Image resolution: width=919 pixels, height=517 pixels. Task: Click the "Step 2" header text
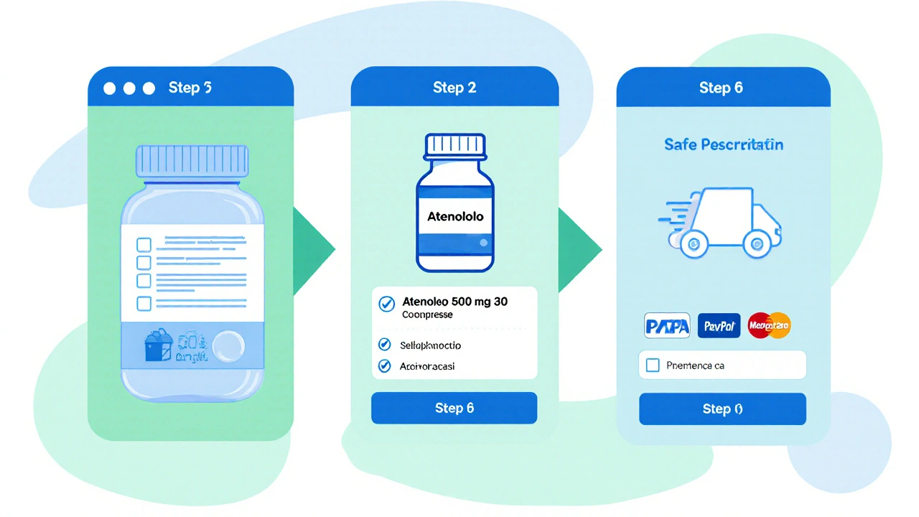click(454, 88)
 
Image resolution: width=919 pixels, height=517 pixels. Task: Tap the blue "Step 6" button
click(454, 408)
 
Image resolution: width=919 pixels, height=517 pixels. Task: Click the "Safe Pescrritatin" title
click(723, 144)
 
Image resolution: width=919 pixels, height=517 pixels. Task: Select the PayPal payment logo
click(719, 326)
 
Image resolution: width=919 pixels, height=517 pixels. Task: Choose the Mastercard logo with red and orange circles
click(769, 326)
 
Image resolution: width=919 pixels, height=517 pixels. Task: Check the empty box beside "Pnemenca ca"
click(653, 365)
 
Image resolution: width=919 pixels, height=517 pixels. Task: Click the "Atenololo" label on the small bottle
click(455, 216)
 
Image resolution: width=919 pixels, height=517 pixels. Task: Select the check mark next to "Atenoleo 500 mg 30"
click(386, 304)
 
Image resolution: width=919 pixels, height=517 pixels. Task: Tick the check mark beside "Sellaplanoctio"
click(384, 345)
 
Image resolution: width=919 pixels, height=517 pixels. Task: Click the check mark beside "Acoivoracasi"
click(384, 366)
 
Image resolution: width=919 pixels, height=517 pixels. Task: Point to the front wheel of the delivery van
click(755, 245)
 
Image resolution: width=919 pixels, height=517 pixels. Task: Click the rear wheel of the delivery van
click(694, 245)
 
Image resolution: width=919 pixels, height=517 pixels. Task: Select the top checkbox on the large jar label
click(144, 244)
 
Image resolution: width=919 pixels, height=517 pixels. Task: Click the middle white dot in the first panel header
click(129, 88)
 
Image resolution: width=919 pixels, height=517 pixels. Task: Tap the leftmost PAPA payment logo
click(668, 326)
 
